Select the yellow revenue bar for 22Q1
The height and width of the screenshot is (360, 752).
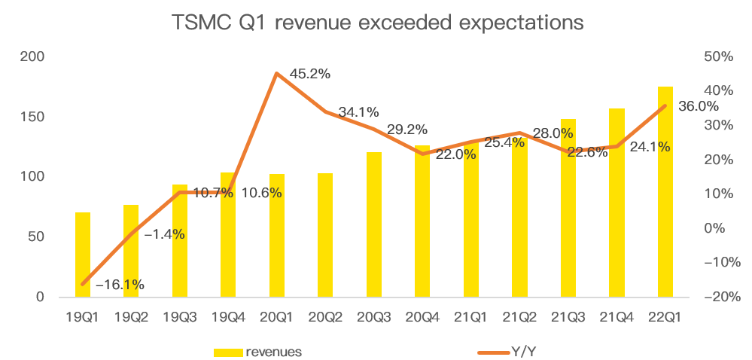665,192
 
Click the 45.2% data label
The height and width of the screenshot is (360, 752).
310,74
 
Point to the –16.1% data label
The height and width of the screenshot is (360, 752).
120,285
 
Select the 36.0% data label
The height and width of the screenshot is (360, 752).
699,106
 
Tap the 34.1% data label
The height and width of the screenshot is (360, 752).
358,112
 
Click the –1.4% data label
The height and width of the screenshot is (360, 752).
164,234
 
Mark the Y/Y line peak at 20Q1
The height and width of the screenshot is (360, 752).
277,73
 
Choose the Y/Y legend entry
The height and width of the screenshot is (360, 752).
525,351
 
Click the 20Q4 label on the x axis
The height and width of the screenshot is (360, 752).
422,317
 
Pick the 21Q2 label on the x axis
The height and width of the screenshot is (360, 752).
519,317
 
